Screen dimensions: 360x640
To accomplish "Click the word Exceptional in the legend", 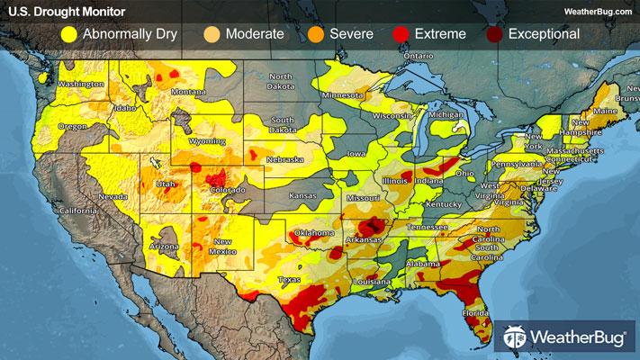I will [544, 35].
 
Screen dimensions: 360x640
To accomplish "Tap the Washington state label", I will [82, 84].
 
